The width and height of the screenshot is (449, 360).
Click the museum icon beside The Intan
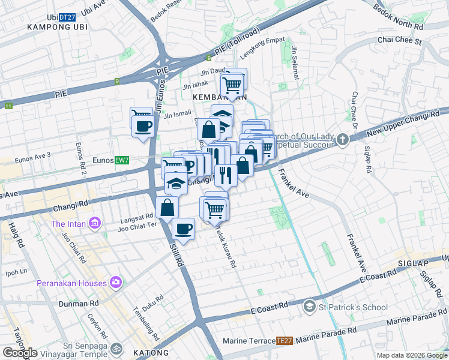[94, 224]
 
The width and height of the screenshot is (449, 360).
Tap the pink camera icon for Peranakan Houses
[116, 283]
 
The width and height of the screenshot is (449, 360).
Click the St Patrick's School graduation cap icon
[309, 306]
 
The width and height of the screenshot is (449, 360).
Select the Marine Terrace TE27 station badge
[285, 341]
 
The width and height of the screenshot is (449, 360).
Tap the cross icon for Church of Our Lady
[342, 140]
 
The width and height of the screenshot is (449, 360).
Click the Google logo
[20, 353]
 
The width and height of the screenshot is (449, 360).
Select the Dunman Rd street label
[79, 304]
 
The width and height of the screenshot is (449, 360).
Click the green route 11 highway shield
[8, 106]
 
